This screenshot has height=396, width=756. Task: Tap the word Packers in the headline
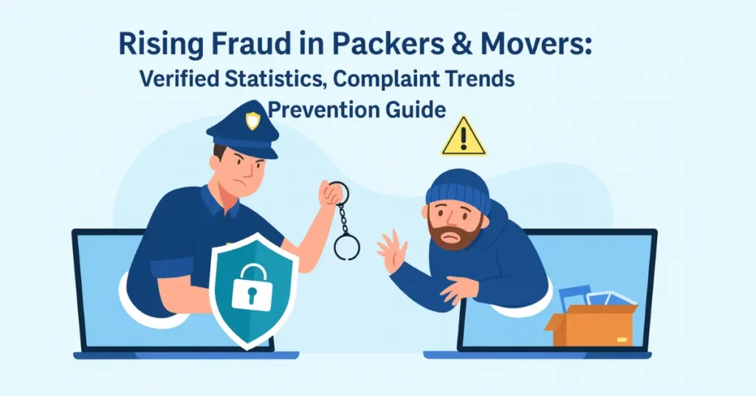click(374, 45)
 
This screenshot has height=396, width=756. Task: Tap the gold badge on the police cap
click(252, 120)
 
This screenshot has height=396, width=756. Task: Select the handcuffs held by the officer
click(344, 225)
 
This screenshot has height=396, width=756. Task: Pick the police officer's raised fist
click(331, 194)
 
